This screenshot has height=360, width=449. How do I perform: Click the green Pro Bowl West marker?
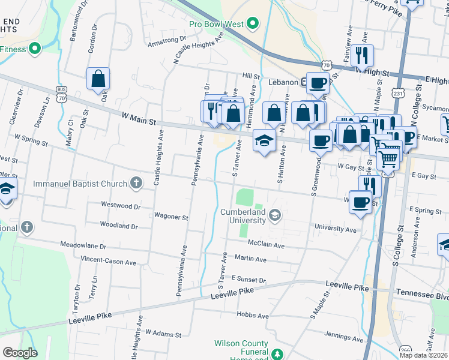(x=253, y=24)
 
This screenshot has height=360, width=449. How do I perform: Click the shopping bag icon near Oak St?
(x=98, y=79)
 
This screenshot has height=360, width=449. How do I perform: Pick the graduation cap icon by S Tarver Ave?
(x=262, y=141)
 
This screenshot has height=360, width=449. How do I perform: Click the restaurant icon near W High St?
(x=361, y=56)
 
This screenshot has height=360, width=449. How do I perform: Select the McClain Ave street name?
(x=267, y=245)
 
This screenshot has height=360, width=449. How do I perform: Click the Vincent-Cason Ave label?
(x=109, y=262)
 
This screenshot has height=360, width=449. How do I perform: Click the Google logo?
(x=20, y=353)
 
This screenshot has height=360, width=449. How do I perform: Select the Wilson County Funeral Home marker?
(x=277, y=354)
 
